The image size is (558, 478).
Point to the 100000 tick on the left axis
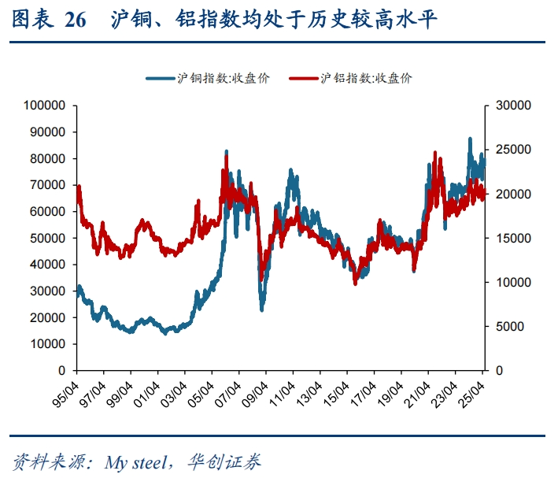(46, 105)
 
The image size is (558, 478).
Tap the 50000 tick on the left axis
(48, 238)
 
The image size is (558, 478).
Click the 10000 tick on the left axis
(48, 344)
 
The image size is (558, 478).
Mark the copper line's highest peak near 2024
(470, 139)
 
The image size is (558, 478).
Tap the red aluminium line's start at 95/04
(77, 187)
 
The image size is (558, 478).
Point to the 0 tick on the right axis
(497, 370)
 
